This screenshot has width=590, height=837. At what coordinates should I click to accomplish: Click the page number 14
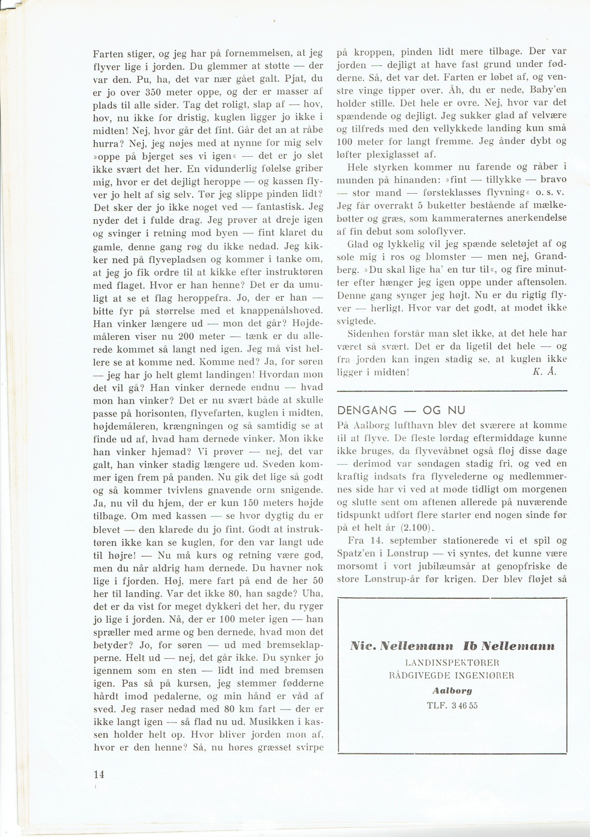click(x=99, y=774)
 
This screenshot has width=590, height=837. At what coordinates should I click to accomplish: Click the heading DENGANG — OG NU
click(x=402, y=410)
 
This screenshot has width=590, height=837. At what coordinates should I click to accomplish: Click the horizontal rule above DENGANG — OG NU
click(x=452, y=389)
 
